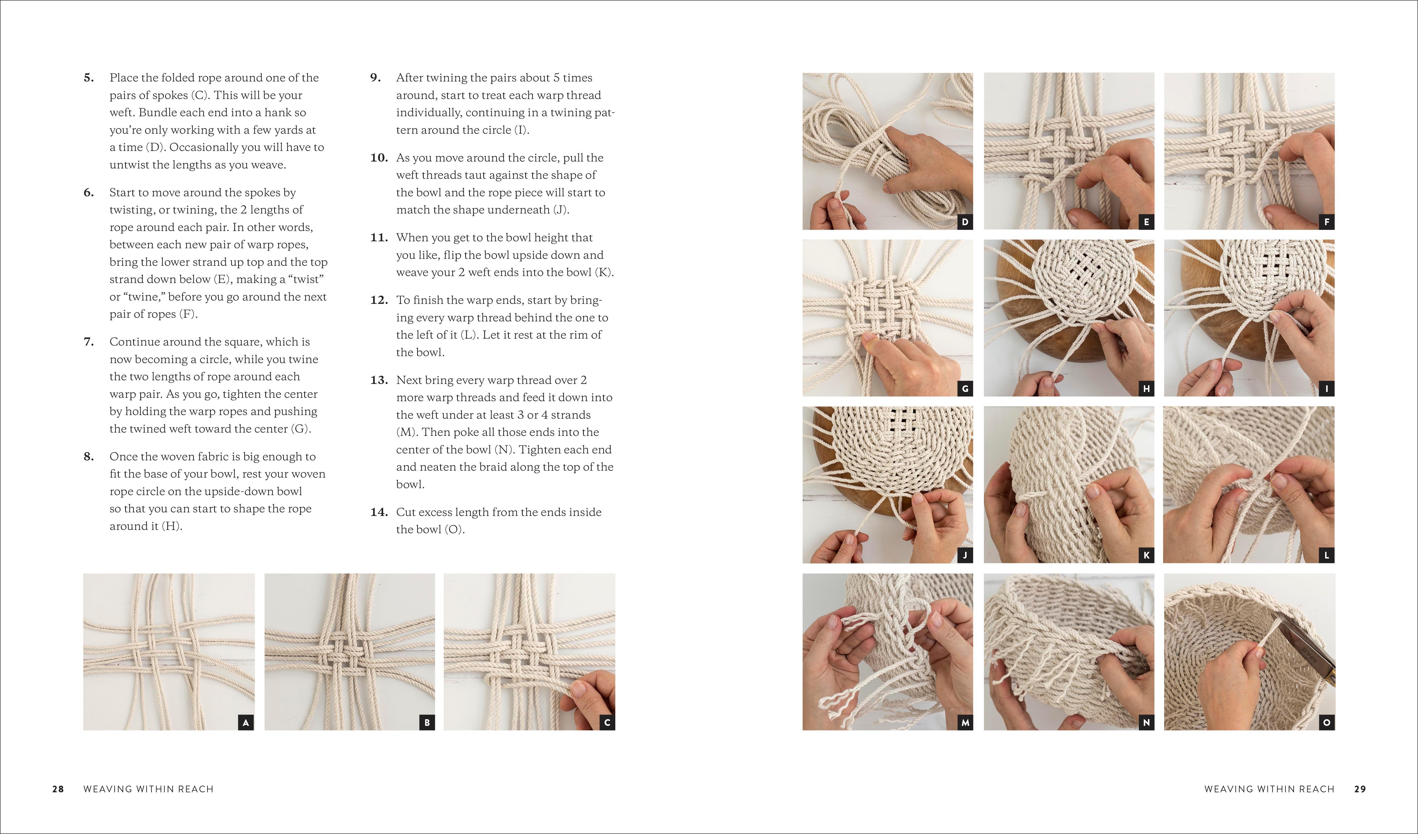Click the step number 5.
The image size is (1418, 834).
(88, 78)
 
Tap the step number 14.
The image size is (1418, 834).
(379, 512)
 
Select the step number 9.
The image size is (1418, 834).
(375, 78)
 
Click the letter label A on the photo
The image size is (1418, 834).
(245, 723)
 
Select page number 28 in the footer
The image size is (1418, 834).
(58, 789)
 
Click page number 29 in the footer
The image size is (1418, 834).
(1360, 789)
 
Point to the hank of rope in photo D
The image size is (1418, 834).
(855, 158)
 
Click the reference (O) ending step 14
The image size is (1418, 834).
(455, 530)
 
